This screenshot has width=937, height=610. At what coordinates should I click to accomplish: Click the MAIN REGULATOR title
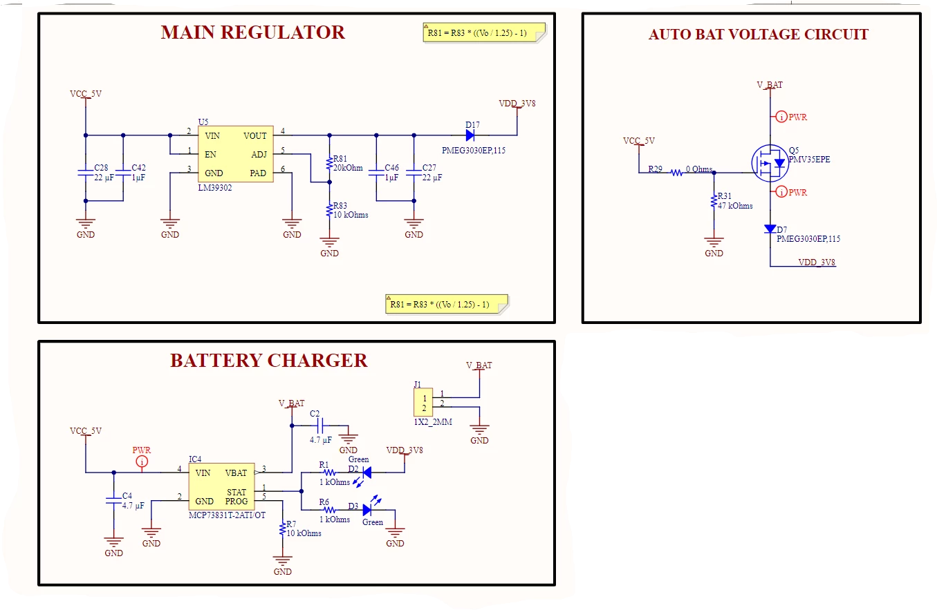252,32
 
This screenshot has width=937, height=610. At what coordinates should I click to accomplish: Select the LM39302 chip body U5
236,154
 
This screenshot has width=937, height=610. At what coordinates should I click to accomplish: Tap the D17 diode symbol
470,135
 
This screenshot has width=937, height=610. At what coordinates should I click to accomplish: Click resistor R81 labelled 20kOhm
329,163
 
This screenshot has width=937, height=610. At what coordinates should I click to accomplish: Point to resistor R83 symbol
329,210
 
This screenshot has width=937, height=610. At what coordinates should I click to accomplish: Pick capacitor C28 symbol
85,173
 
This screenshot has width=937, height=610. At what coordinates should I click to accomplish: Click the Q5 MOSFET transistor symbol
770,163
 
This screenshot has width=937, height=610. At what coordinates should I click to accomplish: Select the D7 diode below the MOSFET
770,229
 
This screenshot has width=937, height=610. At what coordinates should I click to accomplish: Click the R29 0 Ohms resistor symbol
676,173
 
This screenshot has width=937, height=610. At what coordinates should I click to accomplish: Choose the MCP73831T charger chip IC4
221,486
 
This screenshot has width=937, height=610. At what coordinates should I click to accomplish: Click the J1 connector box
423,402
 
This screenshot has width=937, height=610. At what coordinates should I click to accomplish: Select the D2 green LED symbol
367,473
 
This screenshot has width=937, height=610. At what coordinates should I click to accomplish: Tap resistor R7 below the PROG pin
282,529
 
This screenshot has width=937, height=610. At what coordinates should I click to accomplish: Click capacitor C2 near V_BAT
320,426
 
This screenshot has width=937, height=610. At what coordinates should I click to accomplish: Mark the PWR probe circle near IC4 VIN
142,461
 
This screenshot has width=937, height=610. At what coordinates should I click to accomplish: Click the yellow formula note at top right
484,32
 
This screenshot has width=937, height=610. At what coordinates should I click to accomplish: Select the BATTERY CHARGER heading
268,361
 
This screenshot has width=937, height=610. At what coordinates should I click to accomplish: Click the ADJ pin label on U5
259,155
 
